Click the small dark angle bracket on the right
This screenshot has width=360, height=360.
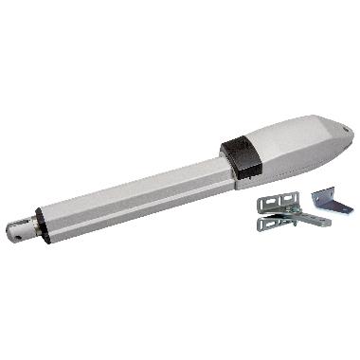click(x=327, y=200)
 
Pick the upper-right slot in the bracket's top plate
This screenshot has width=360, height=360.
click(x=290, y=199)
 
